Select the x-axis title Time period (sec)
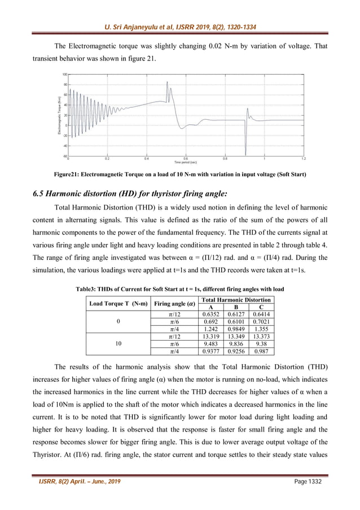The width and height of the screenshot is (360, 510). click(186, 162)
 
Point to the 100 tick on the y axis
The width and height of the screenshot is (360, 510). click(65, 74)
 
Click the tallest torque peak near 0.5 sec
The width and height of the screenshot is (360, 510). click(168, 83)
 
